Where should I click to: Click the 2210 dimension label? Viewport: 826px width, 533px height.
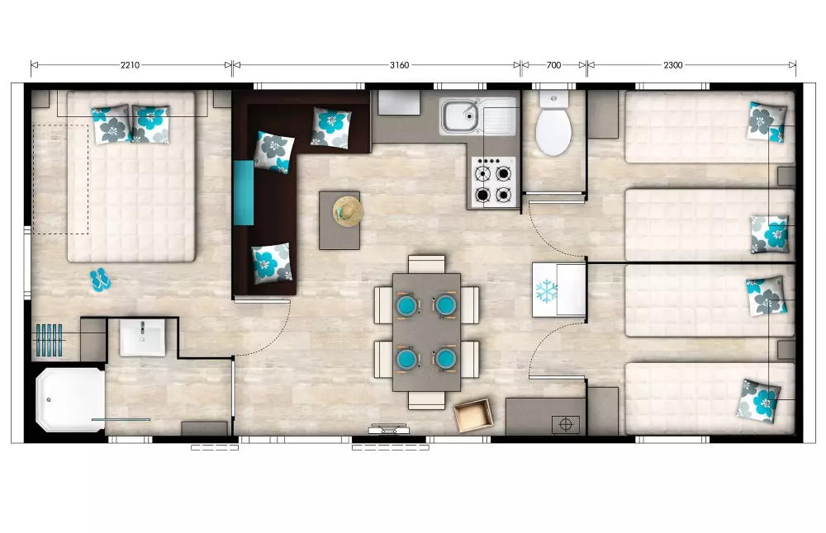(131, 65)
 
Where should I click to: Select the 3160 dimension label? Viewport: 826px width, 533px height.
(399, 65)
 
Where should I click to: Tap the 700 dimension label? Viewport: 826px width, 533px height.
(553, 65)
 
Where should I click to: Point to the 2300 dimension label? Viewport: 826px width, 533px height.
(672, 65)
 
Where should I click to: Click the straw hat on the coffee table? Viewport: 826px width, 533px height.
(349, 211)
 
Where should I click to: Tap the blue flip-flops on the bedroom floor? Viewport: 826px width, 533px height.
(100, 280)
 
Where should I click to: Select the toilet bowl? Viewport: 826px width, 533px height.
(553, 131)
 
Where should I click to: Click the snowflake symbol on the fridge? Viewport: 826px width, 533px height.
(547, 291)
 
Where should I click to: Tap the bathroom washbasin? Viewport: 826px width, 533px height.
(142, 338)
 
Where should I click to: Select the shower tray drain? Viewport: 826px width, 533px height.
(49, 400)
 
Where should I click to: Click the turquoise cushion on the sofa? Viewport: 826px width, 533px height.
(244, 193)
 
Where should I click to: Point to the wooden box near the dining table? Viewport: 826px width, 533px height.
(473, 415)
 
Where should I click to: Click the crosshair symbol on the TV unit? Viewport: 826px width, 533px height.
(566, 424)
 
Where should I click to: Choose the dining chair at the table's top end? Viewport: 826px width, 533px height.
(427, 263)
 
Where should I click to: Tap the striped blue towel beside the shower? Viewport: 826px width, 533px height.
(49, 340)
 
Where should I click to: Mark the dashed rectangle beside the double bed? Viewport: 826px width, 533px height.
(60, 179)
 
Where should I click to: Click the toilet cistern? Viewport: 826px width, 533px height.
(553, 99)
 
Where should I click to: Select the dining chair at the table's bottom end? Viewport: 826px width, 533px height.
(427, 400)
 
